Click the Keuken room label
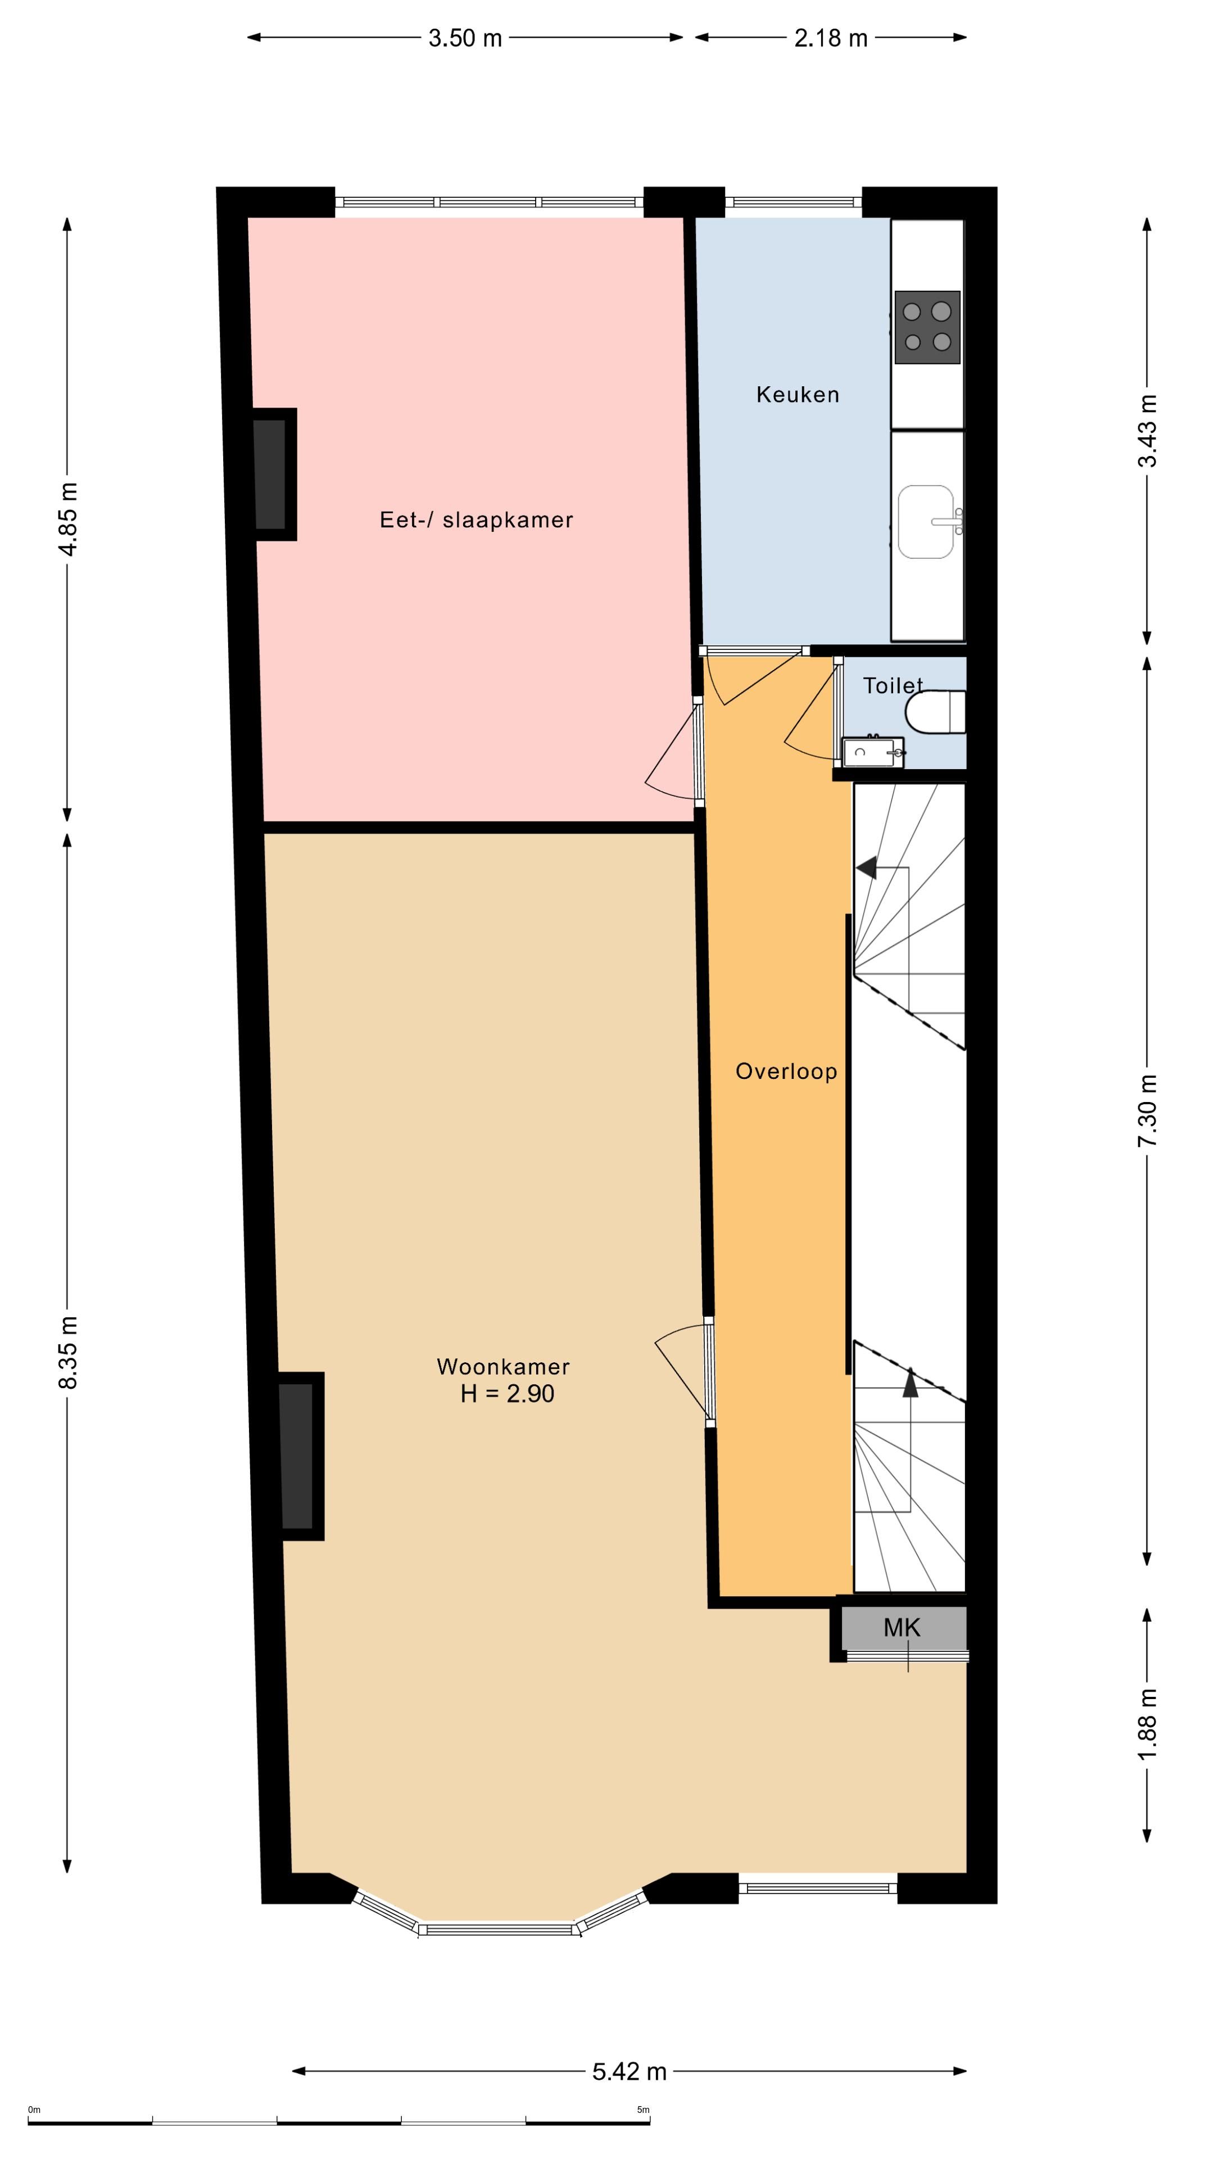point(797,395)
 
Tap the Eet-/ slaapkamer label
point(476,520)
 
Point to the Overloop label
point(786,1071)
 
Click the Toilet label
point(893,685)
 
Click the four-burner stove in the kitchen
point(927,327)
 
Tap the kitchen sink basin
point(926,521)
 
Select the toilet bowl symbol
point(935,711)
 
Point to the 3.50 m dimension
point(465,38)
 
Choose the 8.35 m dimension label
point(68,1352)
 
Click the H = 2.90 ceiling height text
point(507,1394)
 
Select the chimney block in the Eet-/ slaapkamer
point(274,475)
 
